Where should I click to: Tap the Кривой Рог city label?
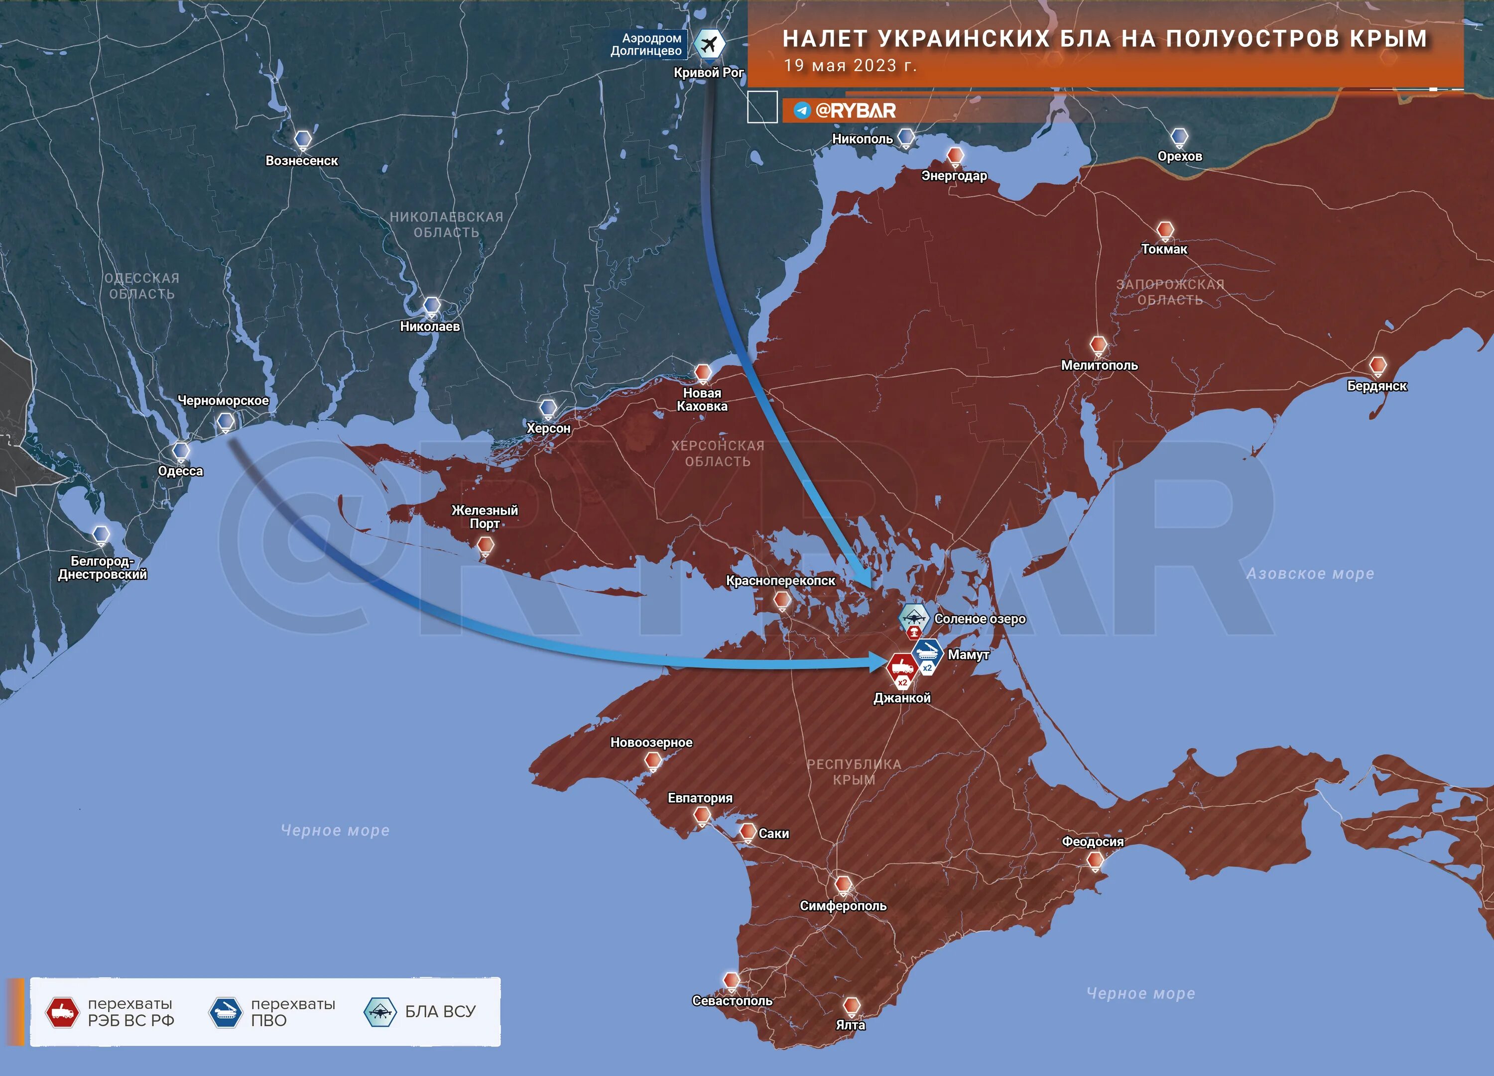tap(708, 73)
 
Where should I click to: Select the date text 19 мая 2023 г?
tap(850, 66)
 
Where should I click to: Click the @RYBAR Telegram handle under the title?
tap(855, 110)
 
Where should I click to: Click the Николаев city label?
tap(429, 326)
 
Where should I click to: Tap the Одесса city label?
tap(180, 471)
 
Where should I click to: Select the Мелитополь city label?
tap(1099, 365)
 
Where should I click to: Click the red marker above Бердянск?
tap(1377, 365)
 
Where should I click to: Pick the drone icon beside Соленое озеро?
tap(914, 618)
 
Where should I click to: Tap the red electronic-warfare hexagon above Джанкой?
tap(902, 667)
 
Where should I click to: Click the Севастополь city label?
tap(732, 1001)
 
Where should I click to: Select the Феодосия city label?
tap(1092, 842)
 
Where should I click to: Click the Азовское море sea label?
tap(1310, 573)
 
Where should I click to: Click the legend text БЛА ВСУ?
tap(440, 1011)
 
